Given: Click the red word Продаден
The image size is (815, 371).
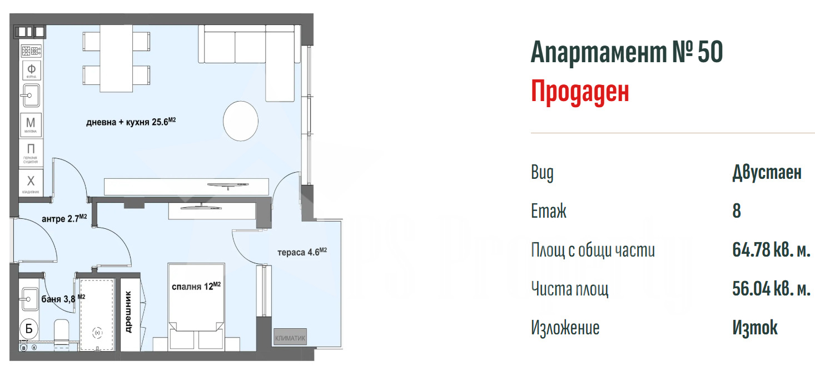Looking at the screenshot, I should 580,92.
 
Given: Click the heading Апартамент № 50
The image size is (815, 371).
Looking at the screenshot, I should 627,53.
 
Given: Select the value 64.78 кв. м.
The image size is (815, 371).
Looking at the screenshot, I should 771,250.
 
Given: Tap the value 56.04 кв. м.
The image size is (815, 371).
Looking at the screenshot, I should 771,289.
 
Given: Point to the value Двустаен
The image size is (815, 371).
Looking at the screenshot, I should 767,173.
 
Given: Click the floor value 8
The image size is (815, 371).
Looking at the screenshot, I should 737,212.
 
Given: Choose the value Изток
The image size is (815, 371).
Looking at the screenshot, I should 755,328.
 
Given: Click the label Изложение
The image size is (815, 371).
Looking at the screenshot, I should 565,328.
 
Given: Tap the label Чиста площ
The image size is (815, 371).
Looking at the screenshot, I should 570,289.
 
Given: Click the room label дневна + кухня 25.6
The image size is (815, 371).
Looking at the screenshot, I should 131,123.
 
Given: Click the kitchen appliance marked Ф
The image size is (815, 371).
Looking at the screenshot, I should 31,69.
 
